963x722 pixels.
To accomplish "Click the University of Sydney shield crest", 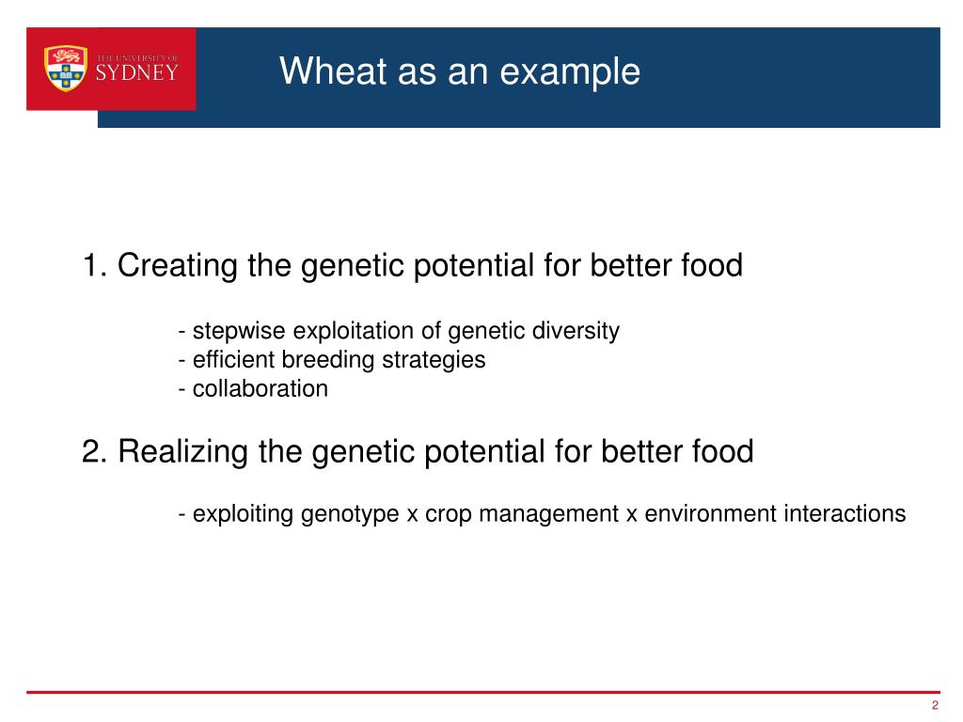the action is click(66, 69).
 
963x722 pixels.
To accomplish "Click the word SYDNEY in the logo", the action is click(137, 73).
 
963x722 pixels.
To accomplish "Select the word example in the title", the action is click(570, 72).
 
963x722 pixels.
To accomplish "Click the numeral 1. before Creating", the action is click(95, 265).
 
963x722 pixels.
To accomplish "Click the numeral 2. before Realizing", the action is click(95, 451).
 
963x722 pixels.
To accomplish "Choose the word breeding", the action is click(327, 360).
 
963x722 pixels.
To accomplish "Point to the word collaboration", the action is click(260, 388).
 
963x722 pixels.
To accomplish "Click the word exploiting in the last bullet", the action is click(244, 514).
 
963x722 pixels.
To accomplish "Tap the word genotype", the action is click(350, 514).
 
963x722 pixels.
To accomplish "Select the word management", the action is click(548, 514).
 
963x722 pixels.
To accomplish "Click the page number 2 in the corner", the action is click(935, 705).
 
